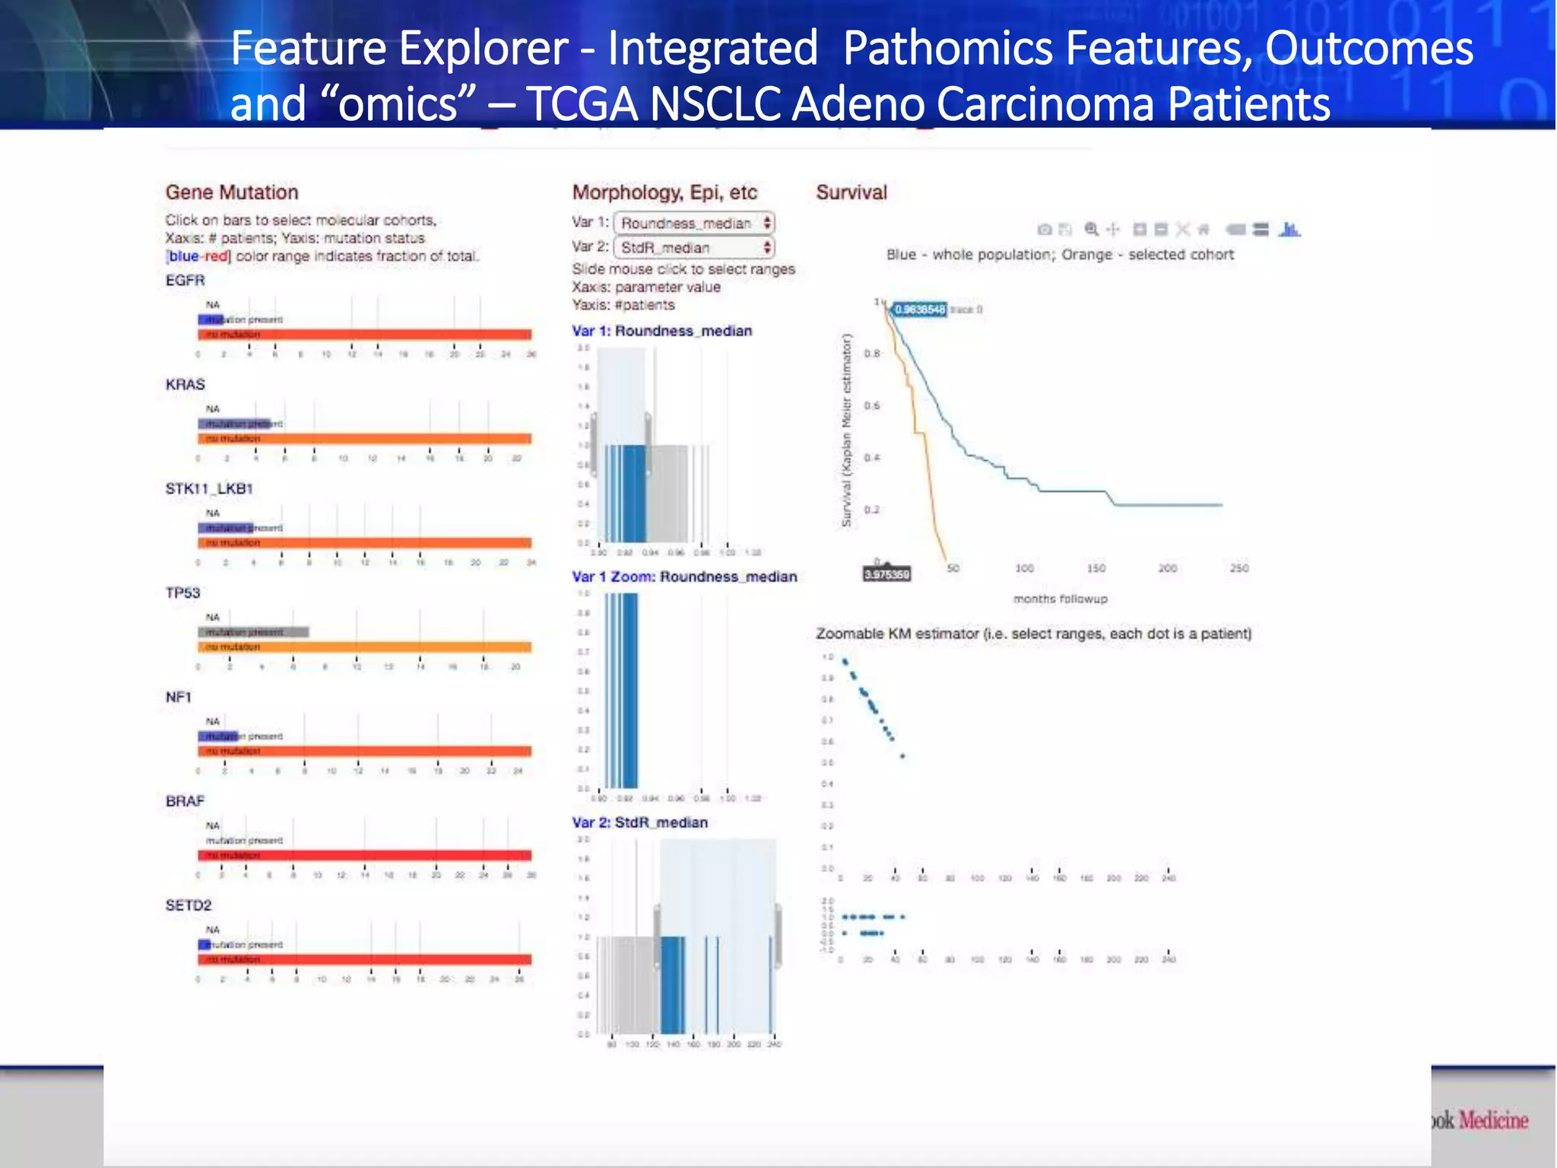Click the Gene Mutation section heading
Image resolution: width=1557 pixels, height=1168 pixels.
pyautogui.click(x=232, y=192)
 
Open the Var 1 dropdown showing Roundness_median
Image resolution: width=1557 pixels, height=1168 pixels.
pyautogui.click(x=694, y=223)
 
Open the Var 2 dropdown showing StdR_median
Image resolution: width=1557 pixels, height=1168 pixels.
pyautogui.click(x=694, y=247)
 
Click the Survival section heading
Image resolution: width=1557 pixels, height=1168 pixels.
pyautogui.click(x=851, y=192)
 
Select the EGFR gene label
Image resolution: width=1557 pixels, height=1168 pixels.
pyautogui.click(x=186, y=281)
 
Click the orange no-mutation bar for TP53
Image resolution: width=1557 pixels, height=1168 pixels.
pyautogui.click(x=365, y=647)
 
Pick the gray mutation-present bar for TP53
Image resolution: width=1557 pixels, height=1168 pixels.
pyautogui.click(x=254, y=632)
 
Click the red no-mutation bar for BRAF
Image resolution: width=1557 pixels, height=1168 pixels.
pyautogui.click(x=365, y=855)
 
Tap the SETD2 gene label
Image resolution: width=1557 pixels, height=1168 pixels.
pyautogui.click(x=189, y=906)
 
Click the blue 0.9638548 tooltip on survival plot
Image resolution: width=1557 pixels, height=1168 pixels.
pyautogui.click(x=920, y=309)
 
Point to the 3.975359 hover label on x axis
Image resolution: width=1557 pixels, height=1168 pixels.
pyautogui.click(x=886, y=575)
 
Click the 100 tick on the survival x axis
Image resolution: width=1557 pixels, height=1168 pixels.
pyautogui.click(x=1024, y=568)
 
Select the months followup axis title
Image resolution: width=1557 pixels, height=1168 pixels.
pyautogui.click(x=1060, y=599)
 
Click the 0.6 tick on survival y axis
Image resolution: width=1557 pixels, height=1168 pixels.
pyautogui.click(x=872, y=405)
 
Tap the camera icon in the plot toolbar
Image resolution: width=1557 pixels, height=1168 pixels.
pyautogui.click(x=1045, y=229)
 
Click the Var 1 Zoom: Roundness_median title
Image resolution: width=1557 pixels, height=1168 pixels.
pyautogui.click(x=684, y=576)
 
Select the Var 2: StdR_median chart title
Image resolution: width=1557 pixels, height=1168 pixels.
pyautogui.click(x=639, y=823)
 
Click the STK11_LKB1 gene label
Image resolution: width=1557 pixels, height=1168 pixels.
pyautogui.click(x=209, y=489)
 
